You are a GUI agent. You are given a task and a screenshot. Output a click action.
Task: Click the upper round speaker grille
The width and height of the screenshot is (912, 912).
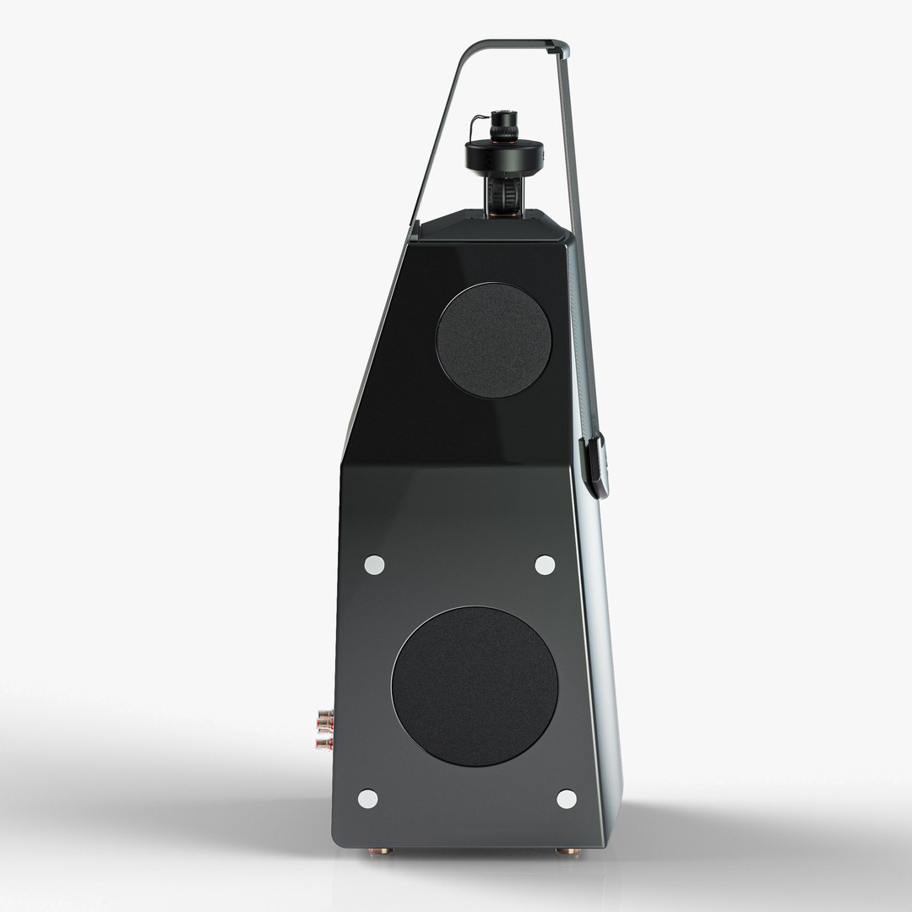click(494, 340)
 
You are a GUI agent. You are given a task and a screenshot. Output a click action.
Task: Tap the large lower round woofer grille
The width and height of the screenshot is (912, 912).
click(475, 686)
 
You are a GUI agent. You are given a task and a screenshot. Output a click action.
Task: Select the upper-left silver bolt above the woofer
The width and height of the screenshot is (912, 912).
click(374, 565)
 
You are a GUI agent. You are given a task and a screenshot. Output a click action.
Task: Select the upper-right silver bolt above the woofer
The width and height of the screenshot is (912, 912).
click(545, 565)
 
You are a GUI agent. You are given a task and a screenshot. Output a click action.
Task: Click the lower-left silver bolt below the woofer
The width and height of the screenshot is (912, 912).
click(367, 798)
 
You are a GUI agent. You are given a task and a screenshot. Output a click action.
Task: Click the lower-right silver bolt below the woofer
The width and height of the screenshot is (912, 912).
click(566, 799)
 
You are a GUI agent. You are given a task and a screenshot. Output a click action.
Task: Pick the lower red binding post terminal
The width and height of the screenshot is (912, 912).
click(324, 743)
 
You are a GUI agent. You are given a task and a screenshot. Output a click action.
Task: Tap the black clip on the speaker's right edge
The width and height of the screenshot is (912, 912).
click(595, 464)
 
